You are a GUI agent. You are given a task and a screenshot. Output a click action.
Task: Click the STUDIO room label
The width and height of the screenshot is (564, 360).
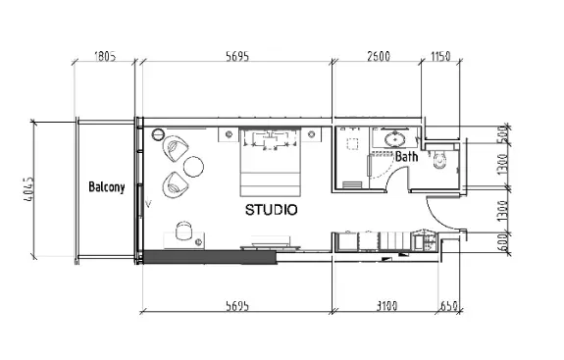271,210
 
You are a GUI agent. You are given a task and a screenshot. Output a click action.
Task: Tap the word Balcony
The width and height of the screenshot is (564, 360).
107,187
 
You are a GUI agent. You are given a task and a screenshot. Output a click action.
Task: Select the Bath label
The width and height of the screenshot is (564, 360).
407,156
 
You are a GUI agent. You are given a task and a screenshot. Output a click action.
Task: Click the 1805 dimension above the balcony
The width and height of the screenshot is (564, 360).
105,57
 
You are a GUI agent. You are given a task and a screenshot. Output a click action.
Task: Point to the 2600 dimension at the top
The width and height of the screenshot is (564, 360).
379,57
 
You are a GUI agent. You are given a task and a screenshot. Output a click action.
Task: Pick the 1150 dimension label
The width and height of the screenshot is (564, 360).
440,57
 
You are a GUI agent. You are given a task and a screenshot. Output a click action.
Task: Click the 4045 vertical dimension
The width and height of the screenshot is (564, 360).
29,188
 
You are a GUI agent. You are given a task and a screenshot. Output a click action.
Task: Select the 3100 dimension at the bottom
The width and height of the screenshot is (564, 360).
387,306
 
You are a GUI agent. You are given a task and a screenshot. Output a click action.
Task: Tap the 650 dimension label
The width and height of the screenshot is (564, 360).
449,306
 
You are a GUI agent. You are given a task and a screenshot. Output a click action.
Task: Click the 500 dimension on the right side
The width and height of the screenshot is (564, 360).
503,134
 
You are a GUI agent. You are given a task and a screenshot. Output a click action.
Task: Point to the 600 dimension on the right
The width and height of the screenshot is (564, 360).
503,242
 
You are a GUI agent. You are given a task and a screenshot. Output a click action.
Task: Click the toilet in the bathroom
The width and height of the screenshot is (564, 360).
439,160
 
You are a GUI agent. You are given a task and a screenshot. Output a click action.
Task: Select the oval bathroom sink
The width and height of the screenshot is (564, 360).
393,139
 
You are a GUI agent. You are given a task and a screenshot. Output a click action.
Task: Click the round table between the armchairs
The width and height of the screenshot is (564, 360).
193,167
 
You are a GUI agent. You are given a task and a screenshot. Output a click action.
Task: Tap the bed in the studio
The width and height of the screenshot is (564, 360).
270,163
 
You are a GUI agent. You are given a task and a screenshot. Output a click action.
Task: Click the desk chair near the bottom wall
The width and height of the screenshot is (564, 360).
183,231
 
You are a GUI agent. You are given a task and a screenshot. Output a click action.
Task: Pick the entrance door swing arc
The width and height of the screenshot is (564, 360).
438,218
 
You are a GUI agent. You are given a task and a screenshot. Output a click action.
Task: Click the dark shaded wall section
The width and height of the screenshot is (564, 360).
210,258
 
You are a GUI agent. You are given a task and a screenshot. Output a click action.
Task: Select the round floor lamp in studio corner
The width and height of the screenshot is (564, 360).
158,134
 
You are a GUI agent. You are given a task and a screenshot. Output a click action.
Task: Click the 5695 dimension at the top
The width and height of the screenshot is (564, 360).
237,57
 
